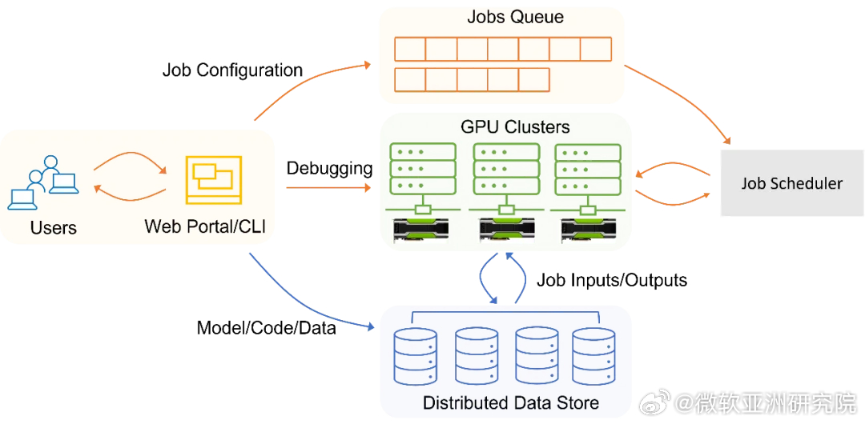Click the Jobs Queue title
coord(515,17)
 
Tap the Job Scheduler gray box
coord(791,182)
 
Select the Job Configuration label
coord(232,70)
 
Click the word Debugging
coord(329,169)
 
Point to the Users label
coord(54,227)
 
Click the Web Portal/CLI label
coord(205,226)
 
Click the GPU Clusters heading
coord(515,127)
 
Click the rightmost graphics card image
coord(588,230)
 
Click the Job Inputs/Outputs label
coord(612,280)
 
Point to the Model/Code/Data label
coord(267,329)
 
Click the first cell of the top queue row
coord(410,49)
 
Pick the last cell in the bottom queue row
coord(534,79)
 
